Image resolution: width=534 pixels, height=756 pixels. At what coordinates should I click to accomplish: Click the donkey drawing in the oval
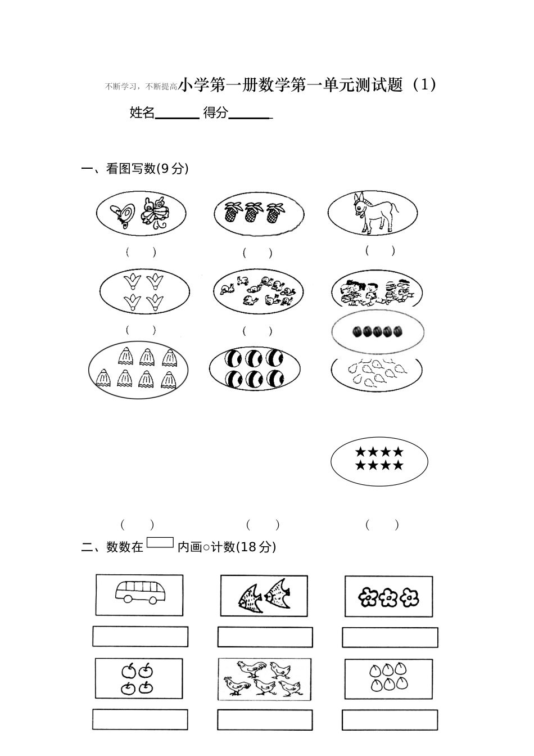373,213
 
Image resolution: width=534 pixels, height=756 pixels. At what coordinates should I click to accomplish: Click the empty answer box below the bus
140,637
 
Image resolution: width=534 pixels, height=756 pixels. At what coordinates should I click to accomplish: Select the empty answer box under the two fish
265,637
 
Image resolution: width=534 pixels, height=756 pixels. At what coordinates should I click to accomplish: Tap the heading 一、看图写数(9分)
135,168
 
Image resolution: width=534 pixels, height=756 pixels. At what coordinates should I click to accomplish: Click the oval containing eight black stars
379,461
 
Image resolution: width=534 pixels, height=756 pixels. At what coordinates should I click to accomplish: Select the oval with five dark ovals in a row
378,331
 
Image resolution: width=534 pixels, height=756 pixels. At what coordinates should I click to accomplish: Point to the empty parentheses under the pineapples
257,253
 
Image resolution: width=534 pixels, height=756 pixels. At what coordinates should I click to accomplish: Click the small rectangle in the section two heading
160,543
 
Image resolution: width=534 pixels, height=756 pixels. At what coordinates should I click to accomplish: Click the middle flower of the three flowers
388,597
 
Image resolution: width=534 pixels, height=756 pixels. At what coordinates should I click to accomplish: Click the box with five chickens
263,679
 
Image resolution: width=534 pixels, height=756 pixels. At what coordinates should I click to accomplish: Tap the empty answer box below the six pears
390,720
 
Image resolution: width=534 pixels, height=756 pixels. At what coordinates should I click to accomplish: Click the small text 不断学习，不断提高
141,87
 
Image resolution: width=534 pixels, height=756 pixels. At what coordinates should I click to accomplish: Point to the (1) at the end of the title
423,85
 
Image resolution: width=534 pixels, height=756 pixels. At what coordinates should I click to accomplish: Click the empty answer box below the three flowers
390,637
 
